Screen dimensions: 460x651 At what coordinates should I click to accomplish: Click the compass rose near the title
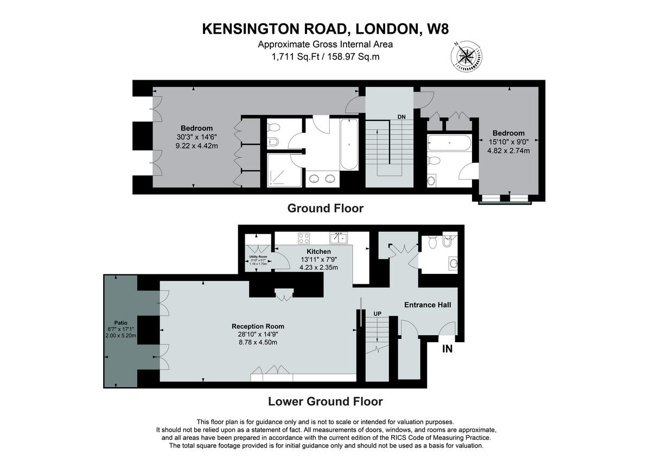466,56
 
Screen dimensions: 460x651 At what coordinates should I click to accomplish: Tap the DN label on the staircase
401,117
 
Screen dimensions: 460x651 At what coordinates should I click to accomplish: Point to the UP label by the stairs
378,314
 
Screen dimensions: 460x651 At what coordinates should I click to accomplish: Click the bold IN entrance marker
447,349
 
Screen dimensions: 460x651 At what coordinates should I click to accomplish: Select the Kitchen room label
318,252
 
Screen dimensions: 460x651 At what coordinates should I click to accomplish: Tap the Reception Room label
258,326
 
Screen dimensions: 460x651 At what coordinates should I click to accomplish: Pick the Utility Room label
258,257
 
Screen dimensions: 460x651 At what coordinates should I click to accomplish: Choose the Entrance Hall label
427,305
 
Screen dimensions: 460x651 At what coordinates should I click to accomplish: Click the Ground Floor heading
325,208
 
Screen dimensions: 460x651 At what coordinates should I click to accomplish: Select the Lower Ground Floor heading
325,402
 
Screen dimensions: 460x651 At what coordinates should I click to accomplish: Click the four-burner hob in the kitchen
304,238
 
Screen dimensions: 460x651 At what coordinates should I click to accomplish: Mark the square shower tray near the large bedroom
284,170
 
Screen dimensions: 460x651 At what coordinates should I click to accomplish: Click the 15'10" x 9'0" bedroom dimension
508,142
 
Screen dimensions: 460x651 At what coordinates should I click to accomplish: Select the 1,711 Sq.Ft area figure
292,56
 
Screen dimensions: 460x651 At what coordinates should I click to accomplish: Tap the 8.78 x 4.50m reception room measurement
258,342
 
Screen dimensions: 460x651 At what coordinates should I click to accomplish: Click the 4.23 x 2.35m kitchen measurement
318,267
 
